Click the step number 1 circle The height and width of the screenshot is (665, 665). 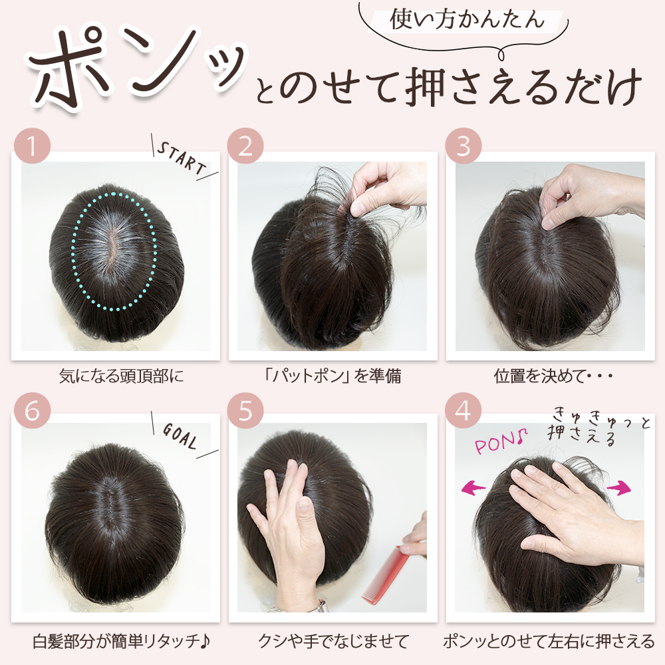coord(32,146)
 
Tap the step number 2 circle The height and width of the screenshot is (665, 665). coord(245,146)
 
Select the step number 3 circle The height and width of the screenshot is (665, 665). coord(463,146)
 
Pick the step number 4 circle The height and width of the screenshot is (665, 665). coord(463,410)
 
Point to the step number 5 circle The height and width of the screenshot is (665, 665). coord(245,410)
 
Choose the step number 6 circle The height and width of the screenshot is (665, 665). coord(32,410)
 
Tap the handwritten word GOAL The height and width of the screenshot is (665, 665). coord(180,436)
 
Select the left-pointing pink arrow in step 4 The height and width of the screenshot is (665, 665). coord(473,487)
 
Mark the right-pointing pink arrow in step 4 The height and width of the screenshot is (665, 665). coord(618,487)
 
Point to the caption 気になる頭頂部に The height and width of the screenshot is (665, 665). coord(121,376)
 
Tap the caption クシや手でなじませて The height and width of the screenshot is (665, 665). coord(333,641)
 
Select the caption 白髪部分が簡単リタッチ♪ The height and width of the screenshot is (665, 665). coord(122,641)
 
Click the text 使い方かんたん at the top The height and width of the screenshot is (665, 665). coord(467,20)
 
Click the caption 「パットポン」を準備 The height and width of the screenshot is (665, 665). coord(332,376)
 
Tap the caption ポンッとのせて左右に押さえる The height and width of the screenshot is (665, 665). coord(549,641)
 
